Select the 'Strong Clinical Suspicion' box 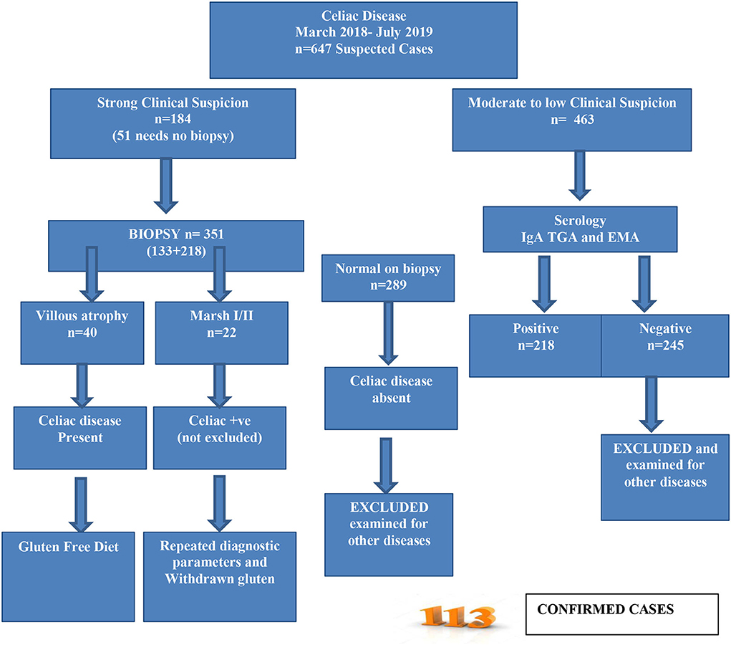coord(173,123)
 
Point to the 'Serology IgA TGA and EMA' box coord(579,229)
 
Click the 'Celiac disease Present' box coord(80,436)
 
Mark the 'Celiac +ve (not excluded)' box coord(220,436)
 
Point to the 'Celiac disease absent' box coord(390,397)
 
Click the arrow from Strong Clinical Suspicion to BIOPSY coord(165,185)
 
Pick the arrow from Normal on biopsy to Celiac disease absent coord(389,333)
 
